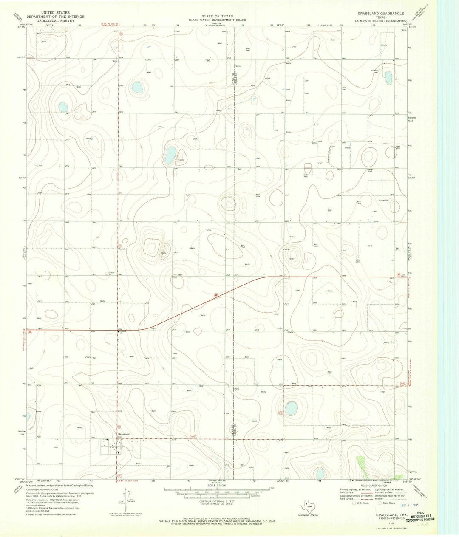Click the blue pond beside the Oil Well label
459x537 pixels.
pos(388,77)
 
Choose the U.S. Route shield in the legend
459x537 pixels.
pos(354,503)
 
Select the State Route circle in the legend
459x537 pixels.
pos(381,503)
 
